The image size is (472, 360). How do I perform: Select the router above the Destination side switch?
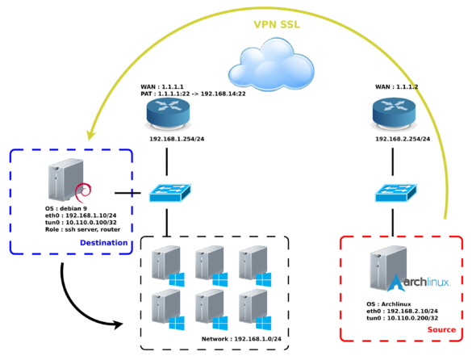pyautogui.click(x=166, y=115)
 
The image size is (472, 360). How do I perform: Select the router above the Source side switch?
pyautogui.click(x=397, y=115)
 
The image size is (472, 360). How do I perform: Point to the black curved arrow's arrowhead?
pyautogui.click(x=120, y=325)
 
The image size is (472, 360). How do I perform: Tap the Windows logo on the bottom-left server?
pyautogui.click(x=177, y=322)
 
